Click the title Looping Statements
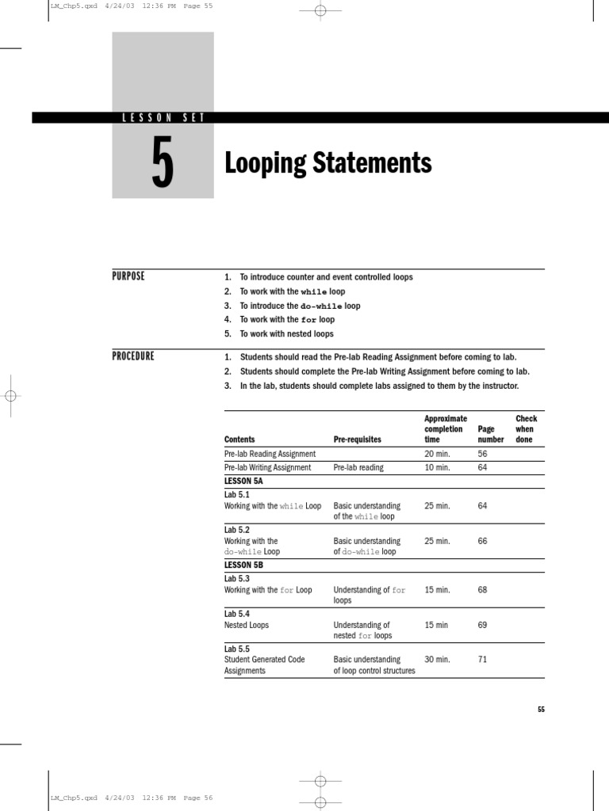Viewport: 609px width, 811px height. [x=327, y=163]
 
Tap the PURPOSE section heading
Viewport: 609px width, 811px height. [x=128, y=276]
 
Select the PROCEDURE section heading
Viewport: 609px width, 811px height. [x=133, y=356]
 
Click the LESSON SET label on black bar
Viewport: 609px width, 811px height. [x=163, y=118]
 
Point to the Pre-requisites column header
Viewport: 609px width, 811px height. [x=357, y=440]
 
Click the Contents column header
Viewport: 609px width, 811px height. [x=239, y=440]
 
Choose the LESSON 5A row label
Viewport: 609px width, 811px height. [x=243, y=481]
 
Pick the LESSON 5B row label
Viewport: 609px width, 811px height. [x=243, y=565]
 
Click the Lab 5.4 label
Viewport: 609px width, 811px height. [x=236, y=614]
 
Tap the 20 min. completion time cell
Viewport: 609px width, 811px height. [x=437, y=454]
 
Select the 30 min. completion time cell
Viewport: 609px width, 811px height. [x=437, y=659]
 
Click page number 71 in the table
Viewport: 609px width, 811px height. [x=482, y=659]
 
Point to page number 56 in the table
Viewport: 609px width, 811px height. [x=482, y=454]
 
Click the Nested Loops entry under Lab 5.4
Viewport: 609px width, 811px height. [x=247, y=625]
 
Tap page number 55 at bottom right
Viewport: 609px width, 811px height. [x=541, y=710]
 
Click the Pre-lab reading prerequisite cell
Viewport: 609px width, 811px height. [x=358, y=467]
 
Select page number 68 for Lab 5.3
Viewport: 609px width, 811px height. [x=482, y=590]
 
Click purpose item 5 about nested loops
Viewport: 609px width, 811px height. [x=286, y=333]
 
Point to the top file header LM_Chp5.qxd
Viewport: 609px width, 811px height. [x=74, y=6]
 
